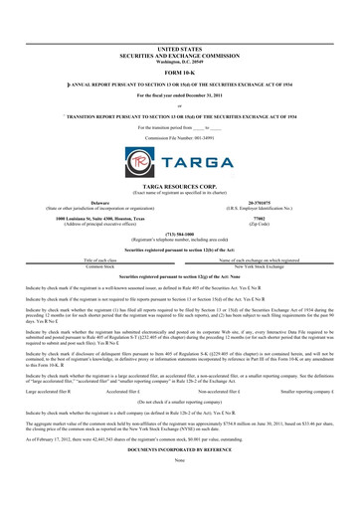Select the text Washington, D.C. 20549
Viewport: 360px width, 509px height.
179,60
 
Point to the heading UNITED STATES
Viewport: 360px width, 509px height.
179,47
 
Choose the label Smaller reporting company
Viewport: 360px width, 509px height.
308,391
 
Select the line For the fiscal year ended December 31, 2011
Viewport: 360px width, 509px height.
179,93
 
